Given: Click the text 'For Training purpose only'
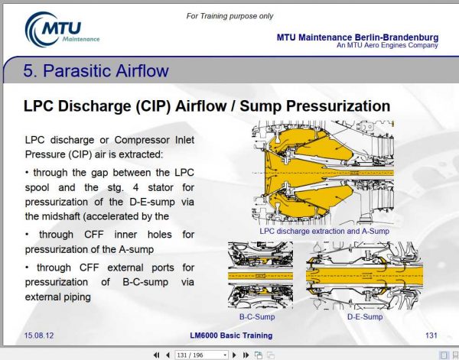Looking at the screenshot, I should click(x=231, y=16).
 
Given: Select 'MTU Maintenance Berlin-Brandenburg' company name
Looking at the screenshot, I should click(x=357, y=37).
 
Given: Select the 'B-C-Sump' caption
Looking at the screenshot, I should click(x=256, y=316).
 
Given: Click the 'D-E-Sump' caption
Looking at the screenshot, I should click(x=365, y=316).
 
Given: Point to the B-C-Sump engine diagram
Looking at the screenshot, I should click(x=259, y=275).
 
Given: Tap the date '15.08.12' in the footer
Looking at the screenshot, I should click(x=39, y=336).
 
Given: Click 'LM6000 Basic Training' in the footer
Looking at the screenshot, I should click(x=229, y=336).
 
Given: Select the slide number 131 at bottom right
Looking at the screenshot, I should click(x=430, y=336).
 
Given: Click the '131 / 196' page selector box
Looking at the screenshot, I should click(x=202, y=355).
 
